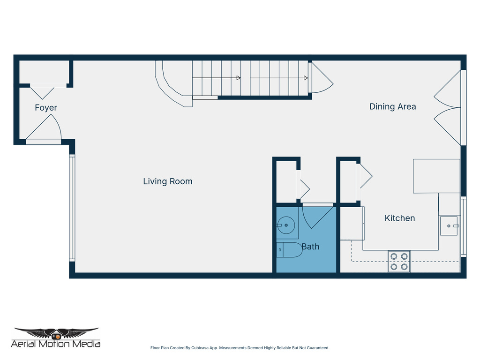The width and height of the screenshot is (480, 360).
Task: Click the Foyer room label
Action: click(x=46, y=108)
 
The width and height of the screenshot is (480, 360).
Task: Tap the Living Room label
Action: click(x=168, y=181)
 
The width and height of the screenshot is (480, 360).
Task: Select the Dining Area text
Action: click(x=392, y=106)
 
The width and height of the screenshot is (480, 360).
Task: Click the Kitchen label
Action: click(x=399, y=218)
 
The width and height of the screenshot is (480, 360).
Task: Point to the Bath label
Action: click(x=310, y=247)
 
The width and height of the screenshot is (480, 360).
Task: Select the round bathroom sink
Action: click(x=286, y=225)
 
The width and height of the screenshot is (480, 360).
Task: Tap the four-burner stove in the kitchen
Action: click(x=399, y=262)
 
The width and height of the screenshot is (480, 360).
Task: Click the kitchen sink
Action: click(x=449, y=226)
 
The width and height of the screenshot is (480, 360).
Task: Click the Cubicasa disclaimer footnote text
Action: click(x=240, y=348)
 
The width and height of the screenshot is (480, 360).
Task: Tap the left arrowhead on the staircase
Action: click(x=238, y=78)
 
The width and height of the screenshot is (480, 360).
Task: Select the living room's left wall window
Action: click(x=72, y=208)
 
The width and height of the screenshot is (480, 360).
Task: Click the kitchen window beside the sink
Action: click(x=463, y=226)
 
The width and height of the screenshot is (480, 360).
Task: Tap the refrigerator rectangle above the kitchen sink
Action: click(x=436, y=176)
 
